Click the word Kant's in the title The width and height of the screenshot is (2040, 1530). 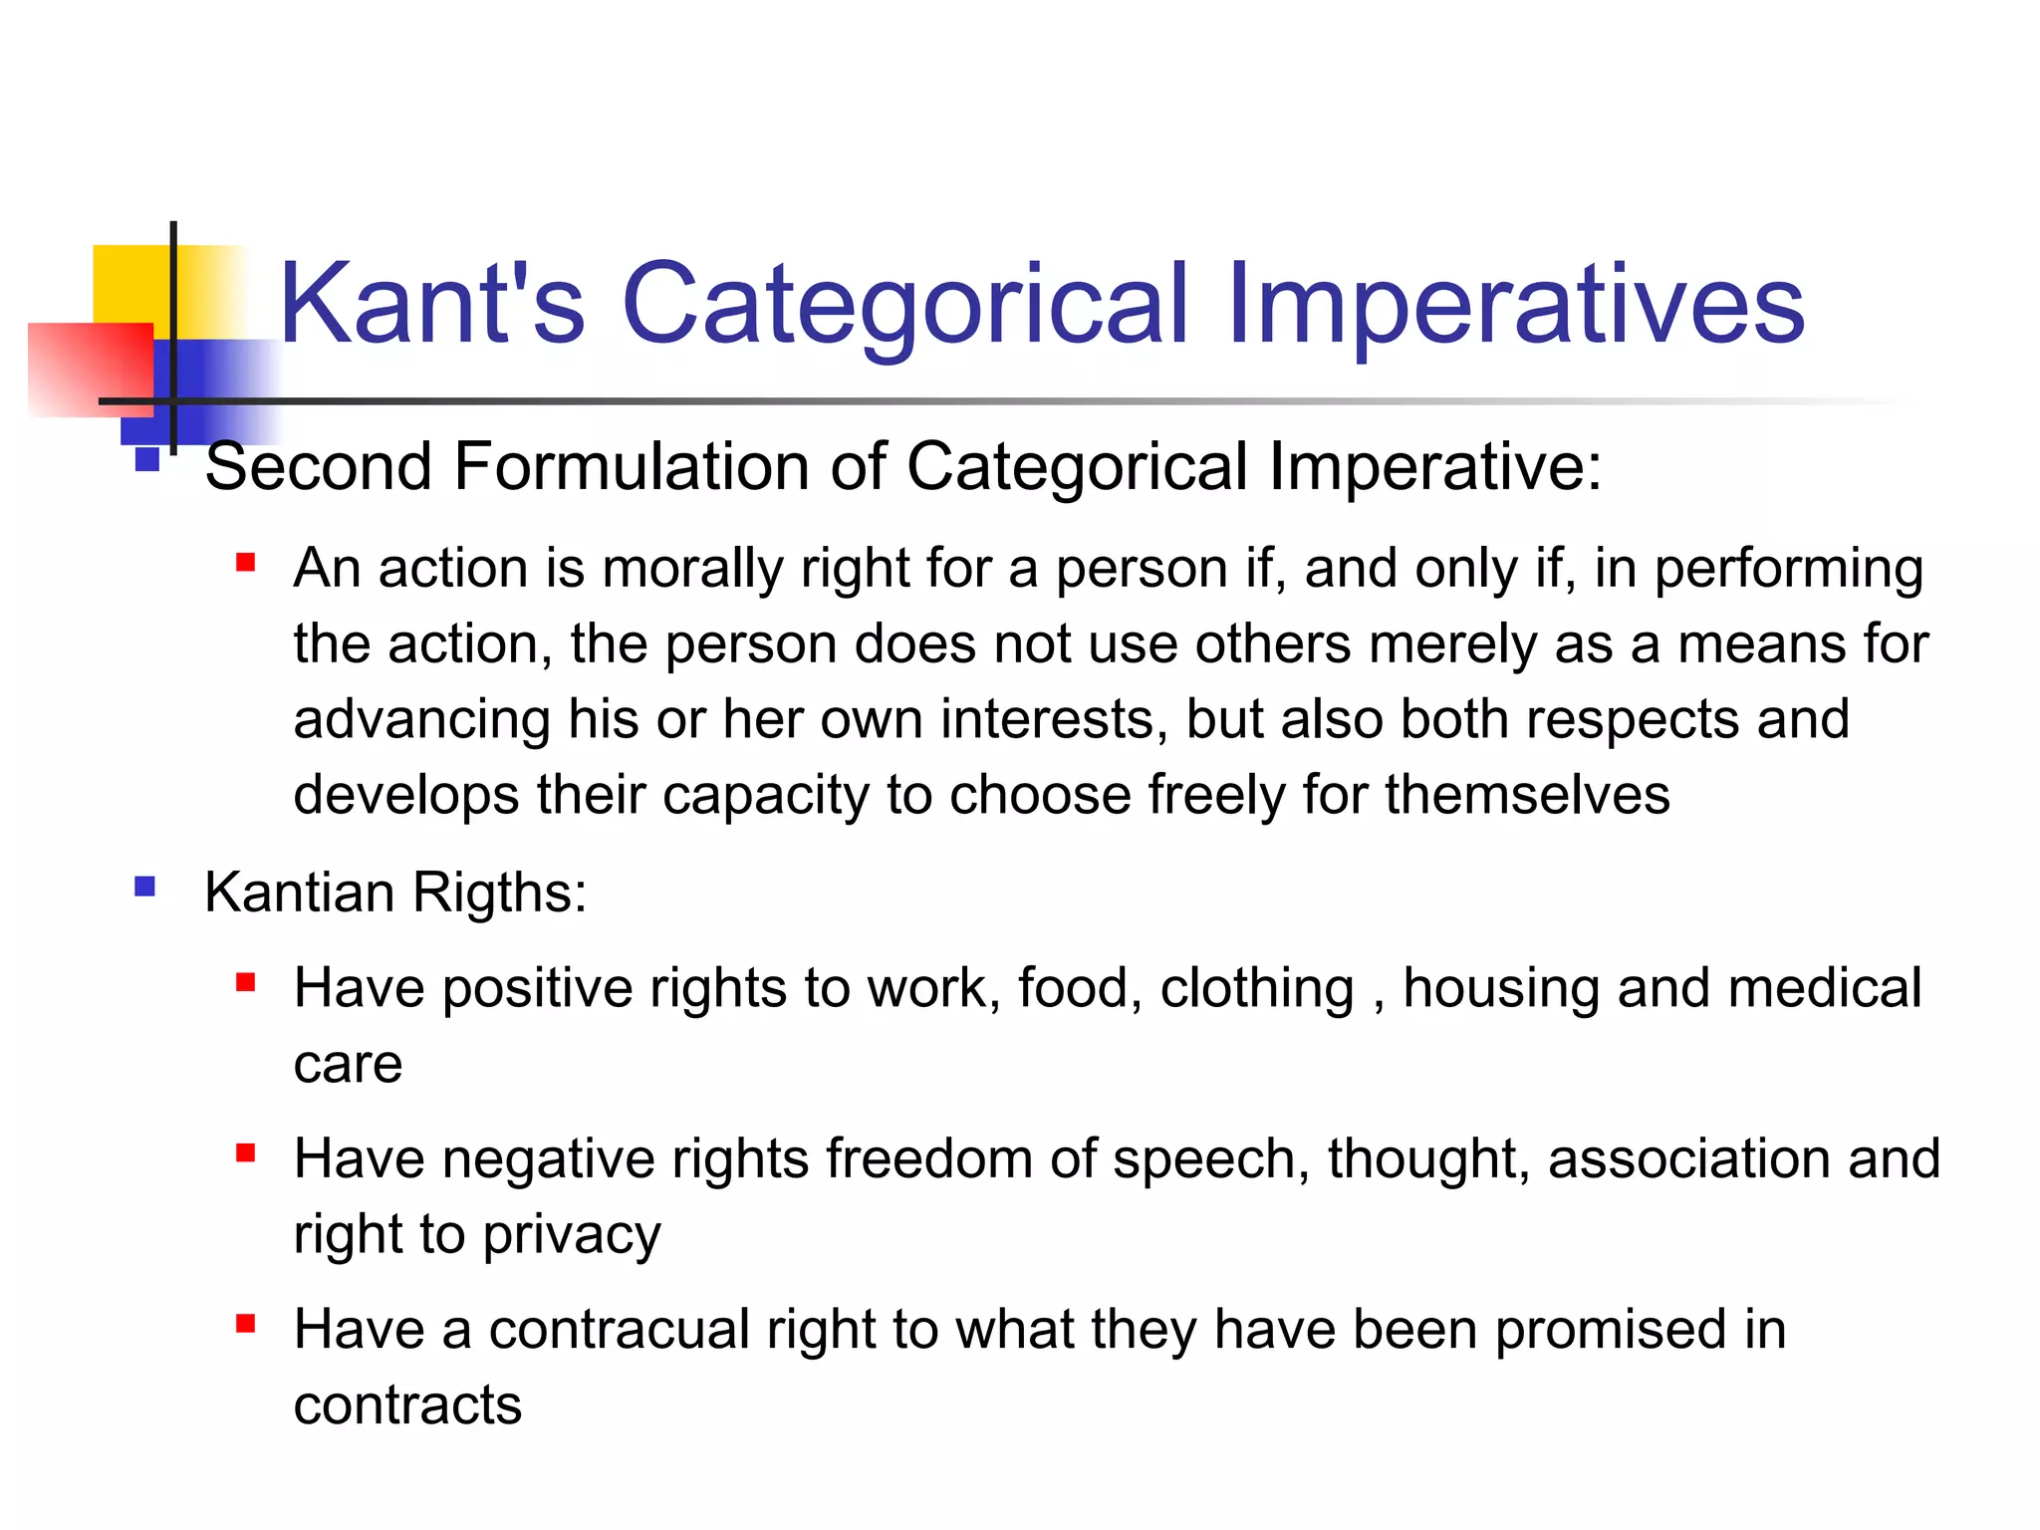coord(431,304)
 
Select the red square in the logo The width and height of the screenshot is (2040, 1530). coord(90,369)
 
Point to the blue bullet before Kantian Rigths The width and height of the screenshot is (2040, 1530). coord(145,887)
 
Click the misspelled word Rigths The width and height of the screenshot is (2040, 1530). coord(499,892)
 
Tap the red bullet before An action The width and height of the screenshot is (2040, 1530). coord(246,564)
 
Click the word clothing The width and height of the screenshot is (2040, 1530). coord(1257,988)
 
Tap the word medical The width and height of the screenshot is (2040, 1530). coord(1824,988)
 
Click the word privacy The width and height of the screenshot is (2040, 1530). coord(572,1236)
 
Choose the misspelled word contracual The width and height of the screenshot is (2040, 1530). coord(619,1330)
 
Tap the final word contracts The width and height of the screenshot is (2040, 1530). coord(407,1405)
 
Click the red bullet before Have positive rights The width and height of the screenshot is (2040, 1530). coord(246,984)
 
